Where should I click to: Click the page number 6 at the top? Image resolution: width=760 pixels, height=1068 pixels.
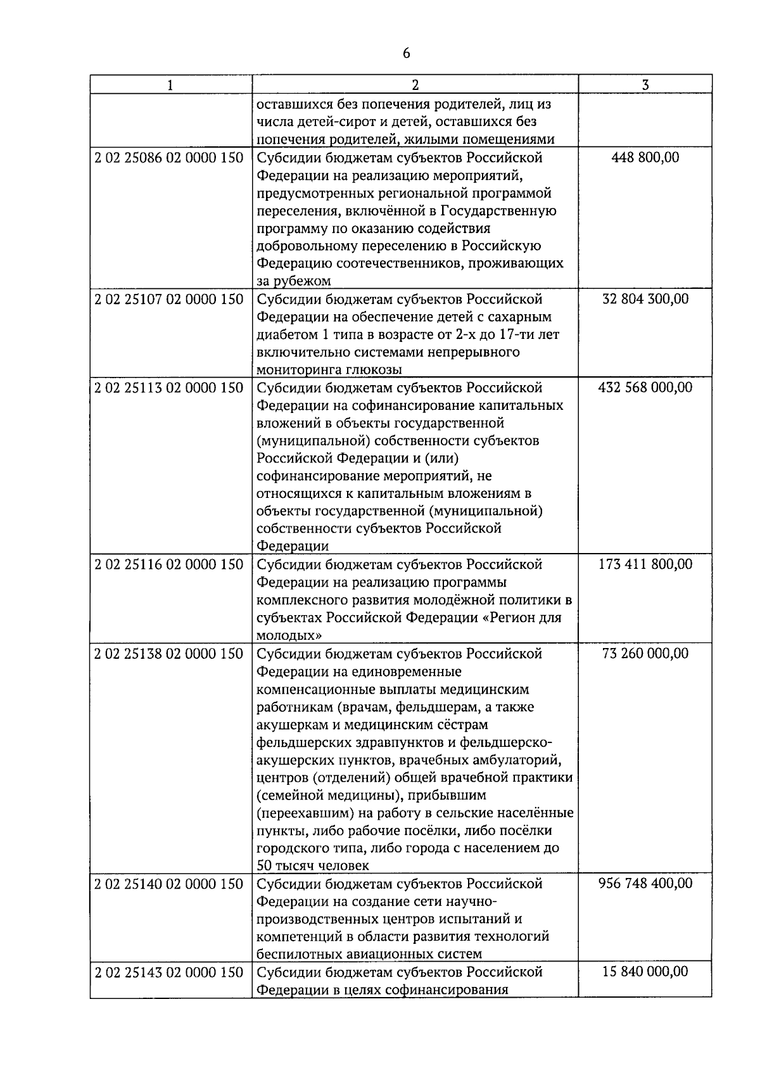(406, 54)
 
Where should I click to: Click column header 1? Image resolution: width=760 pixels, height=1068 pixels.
(170, 85)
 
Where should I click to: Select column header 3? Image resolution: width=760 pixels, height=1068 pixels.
(645, 85)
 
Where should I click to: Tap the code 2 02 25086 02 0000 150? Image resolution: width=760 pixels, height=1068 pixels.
(169, 158)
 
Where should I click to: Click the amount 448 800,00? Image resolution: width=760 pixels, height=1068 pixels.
(645, 158)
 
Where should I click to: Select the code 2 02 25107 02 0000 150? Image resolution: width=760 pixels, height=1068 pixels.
(169, 299)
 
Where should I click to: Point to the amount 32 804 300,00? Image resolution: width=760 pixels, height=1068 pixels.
(645, 299)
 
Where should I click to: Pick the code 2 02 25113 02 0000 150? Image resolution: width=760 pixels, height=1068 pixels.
(169, 388)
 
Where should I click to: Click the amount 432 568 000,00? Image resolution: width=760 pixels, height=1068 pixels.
(645, 388)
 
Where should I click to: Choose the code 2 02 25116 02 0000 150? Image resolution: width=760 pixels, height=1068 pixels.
(169, 564)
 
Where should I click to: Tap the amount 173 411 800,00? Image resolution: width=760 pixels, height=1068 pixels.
(645, 564)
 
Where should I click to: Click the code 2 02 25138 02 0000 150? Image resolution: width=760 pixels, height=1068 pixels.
(169, 653)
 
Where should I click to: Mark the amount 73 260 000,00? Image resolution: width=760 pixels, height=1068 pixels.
(645, 653)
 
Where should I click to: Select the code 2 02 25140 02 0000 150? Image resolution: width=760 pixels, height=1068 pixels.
(169, 884)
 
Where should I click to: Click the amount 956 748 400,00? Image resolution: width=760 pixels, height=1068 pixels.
(645, 884)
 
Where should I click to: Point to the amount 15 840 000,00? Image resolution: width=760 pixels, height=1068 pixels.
(645, 972)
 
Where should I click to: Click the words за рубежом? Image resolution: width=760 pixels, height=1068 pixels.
(294, 281)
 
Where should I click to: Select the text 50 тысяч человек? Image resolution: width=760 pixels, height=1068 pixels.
(313, 865)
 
